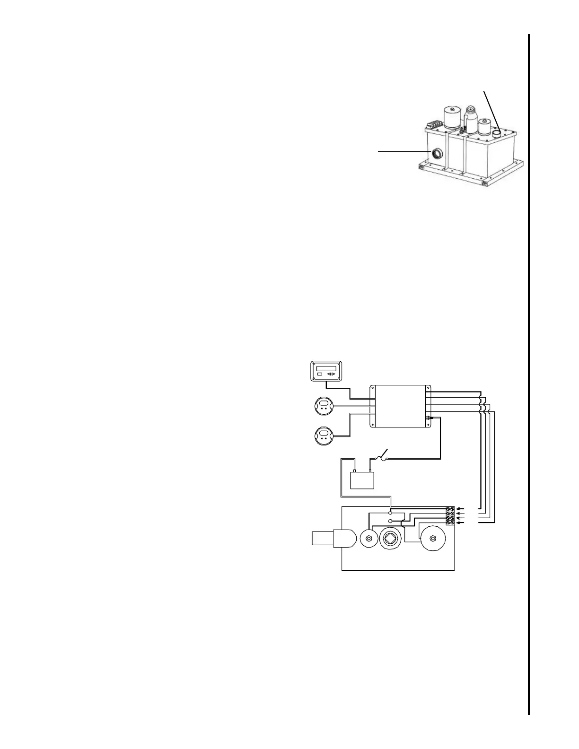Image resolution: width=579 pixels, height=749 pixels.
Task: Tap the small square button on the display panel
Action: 319,374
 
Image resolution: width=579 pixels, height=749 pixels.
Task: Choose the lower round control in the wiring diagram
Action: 324,435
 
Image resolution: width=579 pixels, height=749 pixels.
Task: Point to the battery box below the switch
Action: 362,480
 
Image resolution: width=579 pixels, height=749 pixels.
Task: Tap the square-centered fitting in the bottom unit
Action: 390,539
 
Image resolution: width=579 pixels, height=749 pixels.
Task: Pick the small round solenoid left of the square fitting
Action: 368,539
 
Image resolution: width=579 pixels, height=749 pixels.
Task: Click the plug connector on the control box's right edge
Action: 429,418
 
